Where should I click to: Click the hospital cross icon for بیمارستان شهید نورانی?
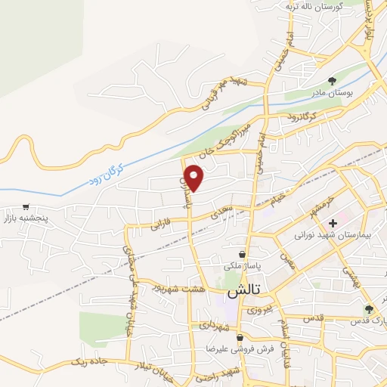tap(333, 223)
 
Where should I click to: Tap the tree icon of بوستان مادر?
tap(332, 81)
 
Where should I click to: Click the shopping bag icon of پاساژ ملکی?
tap(241, 255)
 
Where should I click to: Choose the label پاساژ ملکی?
tap(241, 267)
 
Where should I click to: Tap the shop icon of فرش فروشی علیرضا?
tap(240, 338)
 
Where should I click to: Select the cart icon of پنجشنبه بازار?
tap(26, 206)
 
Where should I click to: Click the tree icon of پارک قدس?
tap(369, 308)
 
